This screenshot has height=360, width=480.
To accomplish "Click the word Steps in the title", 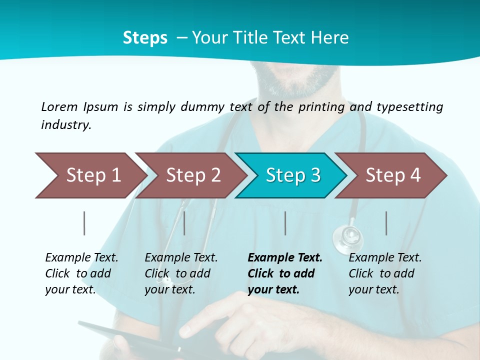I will [145, 38].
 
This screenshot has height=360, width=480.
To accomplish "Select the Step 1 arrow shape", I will [90, 175].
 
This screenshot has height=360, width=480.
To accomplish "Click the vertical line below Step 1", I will [84, 223].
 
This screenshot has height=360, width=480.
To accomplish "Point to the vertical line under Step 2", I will [184, 223].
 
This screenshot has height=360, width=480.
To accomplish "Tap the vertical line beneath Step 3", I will [285, 223].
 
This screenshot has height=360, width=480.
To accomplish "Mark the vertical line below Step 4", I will [386, 223].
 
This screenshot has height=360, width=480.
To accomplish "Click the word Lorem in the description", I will [59, 106].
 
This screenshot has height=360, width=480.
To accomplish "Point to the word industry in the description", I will [66, 125].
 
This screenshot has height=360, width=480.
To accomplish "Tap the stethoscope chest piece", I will [347, 235].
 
